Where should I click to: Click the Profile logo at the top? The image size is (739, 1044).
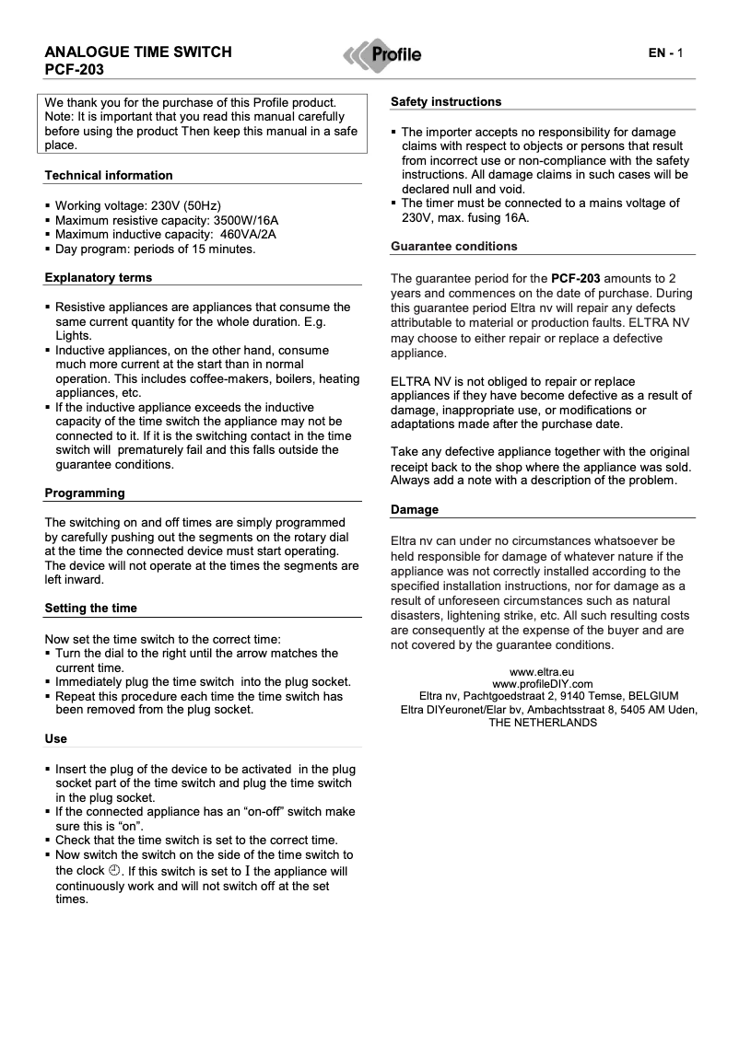pyautogui.click(x=382, y=55)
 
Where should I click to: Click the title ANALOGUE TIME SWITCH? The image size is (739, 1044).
pyautogui.click(x=138, y=52)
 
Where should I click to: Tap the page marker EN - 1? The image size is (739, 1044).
pyautogui.click(x=664, y=53)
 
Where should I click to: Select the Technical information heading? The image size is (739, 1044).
pyautogui.click(x=109, y=175)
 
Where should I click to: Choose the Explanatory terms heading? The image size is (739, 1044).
pyautogui.click(x=99, y=277)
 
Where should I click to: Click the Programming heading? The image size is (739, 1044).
pyautogui.click(x=85, y=493)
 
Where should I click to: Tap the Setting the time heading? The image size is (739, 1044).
pyautogui.click(x=90, y=608)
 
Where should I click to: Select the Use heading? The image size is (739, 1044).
pyautogui.click(x=55, y=738)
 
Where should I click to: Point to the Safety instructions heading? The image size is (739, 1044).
pyautogui.click(x=446, y=101)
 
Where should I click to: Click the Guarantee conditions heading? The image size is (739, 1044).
pyautogui.click(x=454, y=246)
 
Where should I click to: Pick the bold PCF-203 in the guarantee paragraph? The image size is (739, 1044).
pyautogui.click(x=576, y=277)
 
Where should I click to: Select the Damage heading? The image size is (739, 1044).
pyautogui.click(x=415, y=509)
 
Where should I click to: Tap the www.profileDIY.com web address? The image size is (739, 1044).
pyautogui.click(x=543, y=684)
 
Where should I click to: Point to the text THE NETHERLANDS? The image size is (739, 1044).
pyautogui.click(x=543, y=723)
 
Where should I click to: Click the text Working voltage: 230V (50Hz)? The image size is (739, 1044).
pyautogui.click(x=138, y=205)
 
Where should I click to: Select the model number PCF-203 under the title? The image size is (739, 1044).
pyautogui.click(x=74, y=69)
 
